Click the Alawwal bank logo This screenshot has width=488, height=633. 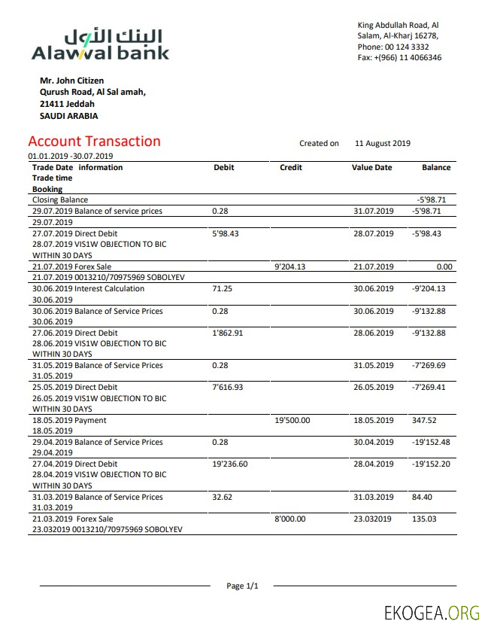[100, 44]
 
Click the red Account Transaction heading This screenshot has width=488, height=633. [94, 142]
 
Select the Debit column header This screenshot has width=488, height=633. [223, 168]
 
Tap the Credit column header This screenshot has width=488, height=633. [290, 168]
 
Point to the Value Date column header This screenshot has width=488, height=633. [371, 168]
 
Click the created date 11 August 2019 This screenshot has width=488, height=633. [382, 143]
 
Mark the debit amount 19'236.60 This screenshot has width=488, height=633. [230, 464]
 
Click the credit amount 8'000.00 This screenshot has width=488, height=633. [289, 519]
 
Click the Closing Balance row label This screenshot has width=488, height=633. [60, 200]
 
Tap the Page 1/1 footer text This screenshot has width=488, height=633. [242, 586]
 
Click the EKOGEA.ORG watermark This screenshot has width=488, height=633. [431, 612]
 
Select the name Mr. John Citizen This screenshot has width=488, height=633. [71, 81]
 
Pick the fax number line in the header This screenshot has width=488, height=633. [399, 58]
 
